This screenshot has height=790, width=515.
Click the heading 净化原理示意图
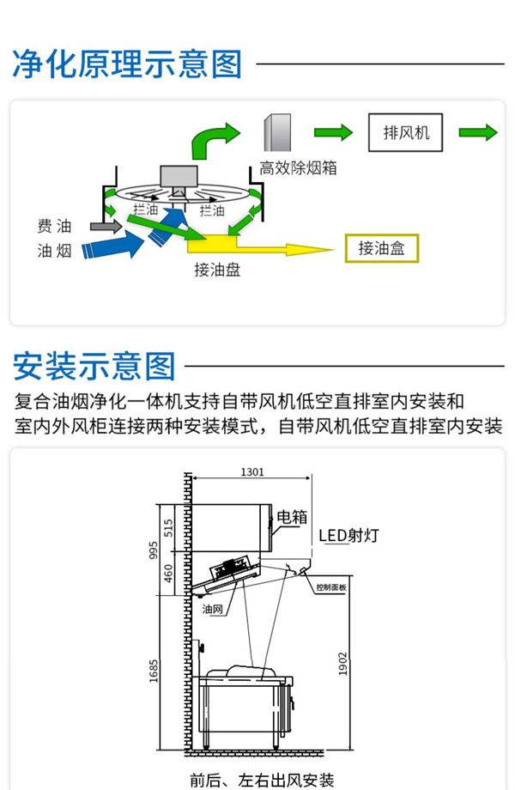pos(127,64)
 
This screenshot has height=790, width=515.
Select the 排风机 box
pos(405,133)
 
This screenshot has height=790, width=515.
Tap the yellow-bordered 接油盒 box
pos(381,248)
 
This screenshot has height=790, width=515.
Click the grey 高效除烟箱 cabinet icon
pos(277,134)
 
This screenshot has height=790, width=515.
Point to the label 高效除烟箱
pos(298,168)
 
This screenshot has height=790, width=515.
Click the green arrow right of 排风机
pos(477,132)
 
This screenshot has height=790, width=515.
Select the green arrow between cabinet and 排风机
pos(333,132)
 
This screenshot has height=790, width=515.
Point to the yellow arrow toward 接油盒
pos(283,249)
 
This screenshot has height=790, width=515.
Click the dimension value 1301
pos(251,471)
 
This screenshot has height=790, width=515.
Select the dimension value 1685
pos(154,670)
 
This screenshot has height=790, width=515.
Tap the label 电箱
pos(292,517)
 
